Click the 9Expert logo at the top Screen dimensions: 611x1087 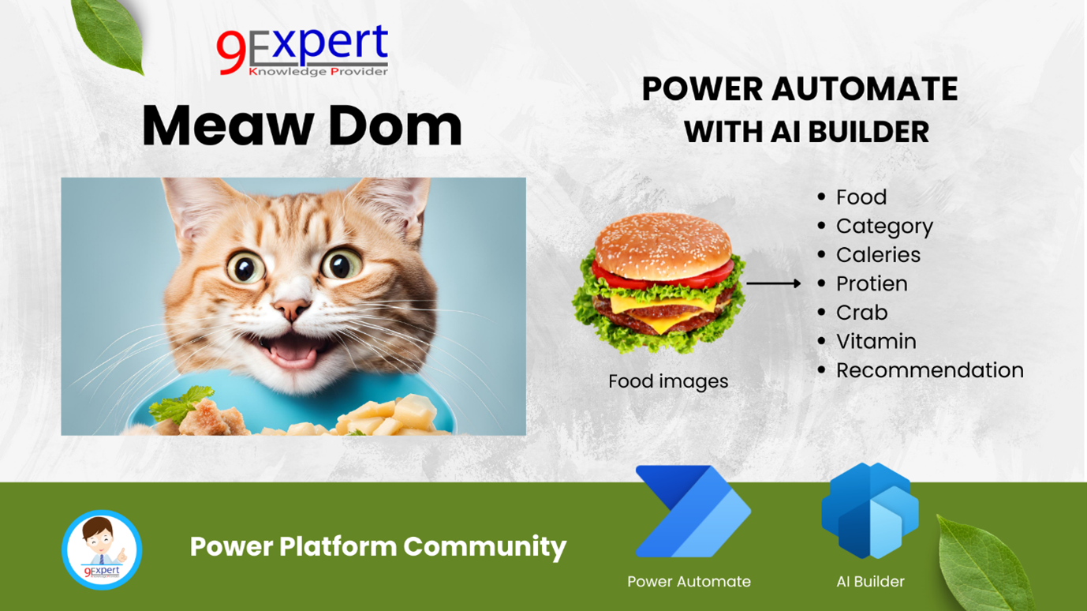pyautogui.click(x=302, y=51)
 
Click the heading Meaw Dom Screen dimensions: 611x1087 pyautogui.click(x=301, y=126)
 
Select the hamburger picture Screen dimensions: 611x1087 pyautogui.click(x=659, y=284)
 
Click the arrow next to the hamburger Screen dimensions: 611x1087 pyautogui.click(x=773, y=283)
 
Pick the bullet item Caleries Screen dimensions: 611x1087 pyautogui.click(x=877, y=255)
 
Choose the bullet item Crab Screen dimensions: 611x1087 pyautogui.click(x=861, y=313)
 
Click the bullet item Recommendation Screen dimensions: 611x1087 pyautogui.click(x=929, y=370)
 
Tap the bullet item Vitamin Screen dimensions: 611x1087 pyautogui.click(x=876, y=342)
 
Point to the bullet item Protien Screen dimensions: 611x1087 pyautogui.click(x=871, y=284)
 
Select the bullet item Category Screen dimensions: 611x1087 pyautogui.click(x=883, y=227)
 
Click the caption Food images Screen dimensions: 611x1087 pyautogui.click(x=668, y=381)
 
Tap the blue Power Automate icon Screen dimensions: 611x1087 pyautogui.click(x=692, y=512)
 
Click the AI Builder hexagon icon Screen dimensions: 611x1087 pyautogui.click(x=869, y=511)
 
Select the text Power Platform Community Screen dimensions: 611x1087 pyautogui.click(x=378, y=546)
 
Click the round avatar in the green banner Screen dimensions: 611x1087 pyautogui.click(x=102, y=550)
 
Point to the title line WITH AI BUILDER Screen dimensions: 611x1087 pyautogui.click(x=806, y=132)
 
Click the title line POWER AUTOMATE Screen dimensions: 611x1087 pyautogui.click(x=799, y=89)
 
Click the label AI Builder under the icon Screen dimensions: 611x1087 pyautogui.click(x=870, y=582)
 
